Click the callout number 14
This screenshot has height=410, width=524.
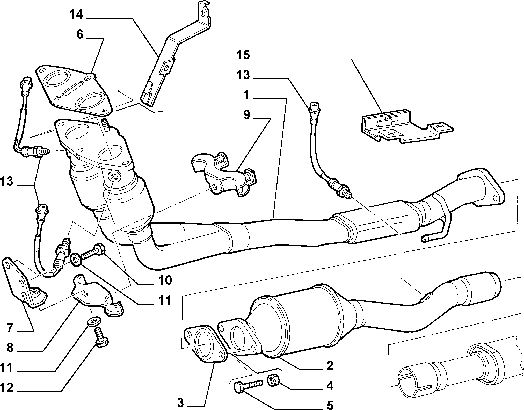76,15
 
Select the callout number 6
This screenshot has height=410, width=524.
80,34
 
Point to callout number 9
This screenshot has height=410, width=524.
246,115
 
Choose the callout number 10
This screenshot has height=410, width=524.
164,280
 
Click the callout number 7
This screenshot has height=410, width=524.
10,328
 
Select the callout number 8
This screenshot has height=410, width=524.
10,348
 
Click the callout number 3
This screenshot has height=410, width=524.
180,403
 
